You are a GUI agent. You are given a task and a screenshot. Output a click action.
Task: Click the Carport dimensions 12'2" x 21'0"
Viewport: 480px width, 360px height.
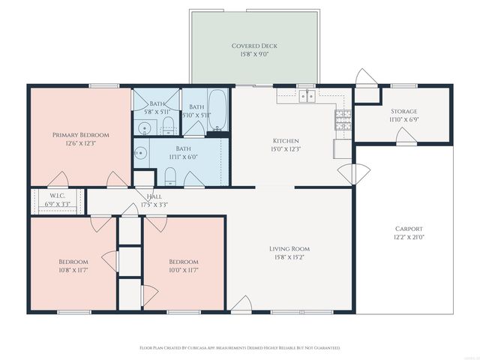pyautogui.click(x=409, y=238)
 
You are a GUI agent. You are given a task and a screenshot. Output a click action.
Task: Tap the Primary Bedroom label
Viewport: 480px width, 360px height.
pyautogui.click(x=80, y=135)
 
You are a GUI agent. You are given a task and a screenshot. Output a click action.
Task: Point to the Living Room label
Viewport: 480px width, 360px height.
pyautogui.click(x=289, y=249)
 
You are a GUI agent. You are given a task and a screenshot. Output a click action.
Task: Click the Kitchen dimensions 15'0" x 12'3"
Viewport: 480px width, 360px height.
pyautogui.click(x=286, y=149)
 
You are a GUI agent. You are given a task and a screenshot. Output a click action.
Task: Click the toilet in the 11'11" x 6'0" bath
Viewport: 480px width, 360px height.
pyautogui.click(x=170, y=176)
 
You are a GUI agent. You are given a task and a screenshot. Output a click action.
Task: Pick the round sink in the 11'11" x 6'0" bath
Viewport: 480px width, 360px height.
pyautogui.click(x=140, y=154)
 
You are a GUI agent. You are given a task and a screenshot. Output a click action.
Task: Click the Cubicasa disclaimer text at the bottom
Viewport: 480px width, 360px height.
pyautogui.click(x=240, y=348)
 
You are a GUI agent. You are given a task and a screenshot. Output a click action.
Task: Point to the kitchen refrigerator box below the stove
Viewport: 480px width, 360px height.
pyautogui.click(x=341, y=148)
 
